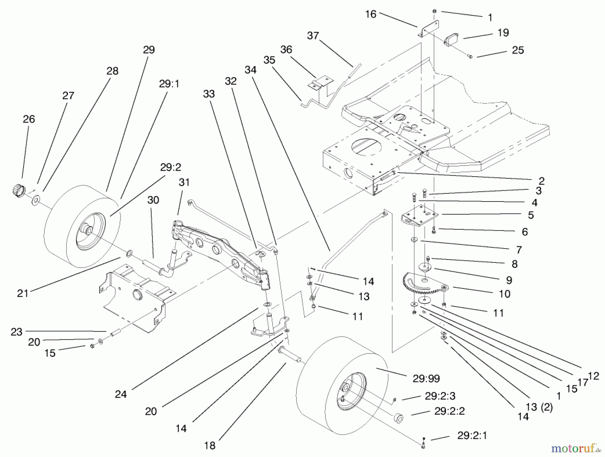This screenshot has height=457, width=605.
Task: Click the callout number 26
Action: click(29, 119)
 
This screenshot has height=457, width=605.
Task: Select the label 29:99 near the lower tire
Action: click(426, 378)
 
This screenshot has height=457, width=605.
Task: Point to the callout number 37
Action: click(313, 36)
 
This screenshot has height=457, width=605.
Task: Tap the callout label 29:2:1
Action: click(472, 436)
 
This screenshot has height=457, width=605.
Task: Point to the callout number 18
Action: click(209, 446)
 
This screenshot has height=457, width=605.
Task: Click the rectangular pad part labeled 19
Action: click(452, 40)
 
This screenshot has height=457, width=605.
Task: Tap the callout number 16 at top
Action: click(370, 14)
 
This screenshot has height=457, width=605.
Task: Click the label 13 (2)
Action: click(539, 407)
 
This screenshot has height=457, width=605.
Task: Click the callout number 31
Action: click(184, 182)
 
